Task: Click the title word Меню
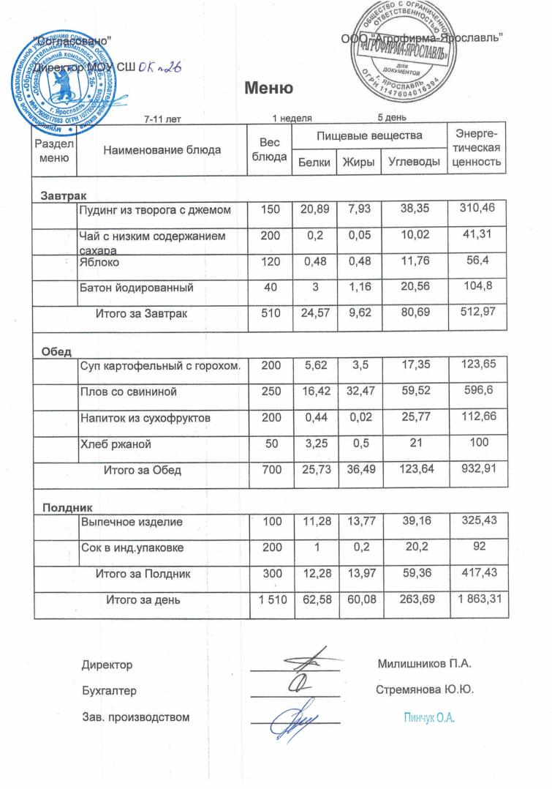click(268, 89)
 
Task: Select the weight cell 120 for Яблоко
click(270, 261)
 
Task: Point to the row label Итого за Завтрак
click(145, 313)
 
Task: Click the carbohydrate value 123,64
click(415, 469)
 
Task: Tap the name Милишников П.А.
click(425, 665)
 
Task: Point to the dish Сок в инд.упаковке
click(132, 547)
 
